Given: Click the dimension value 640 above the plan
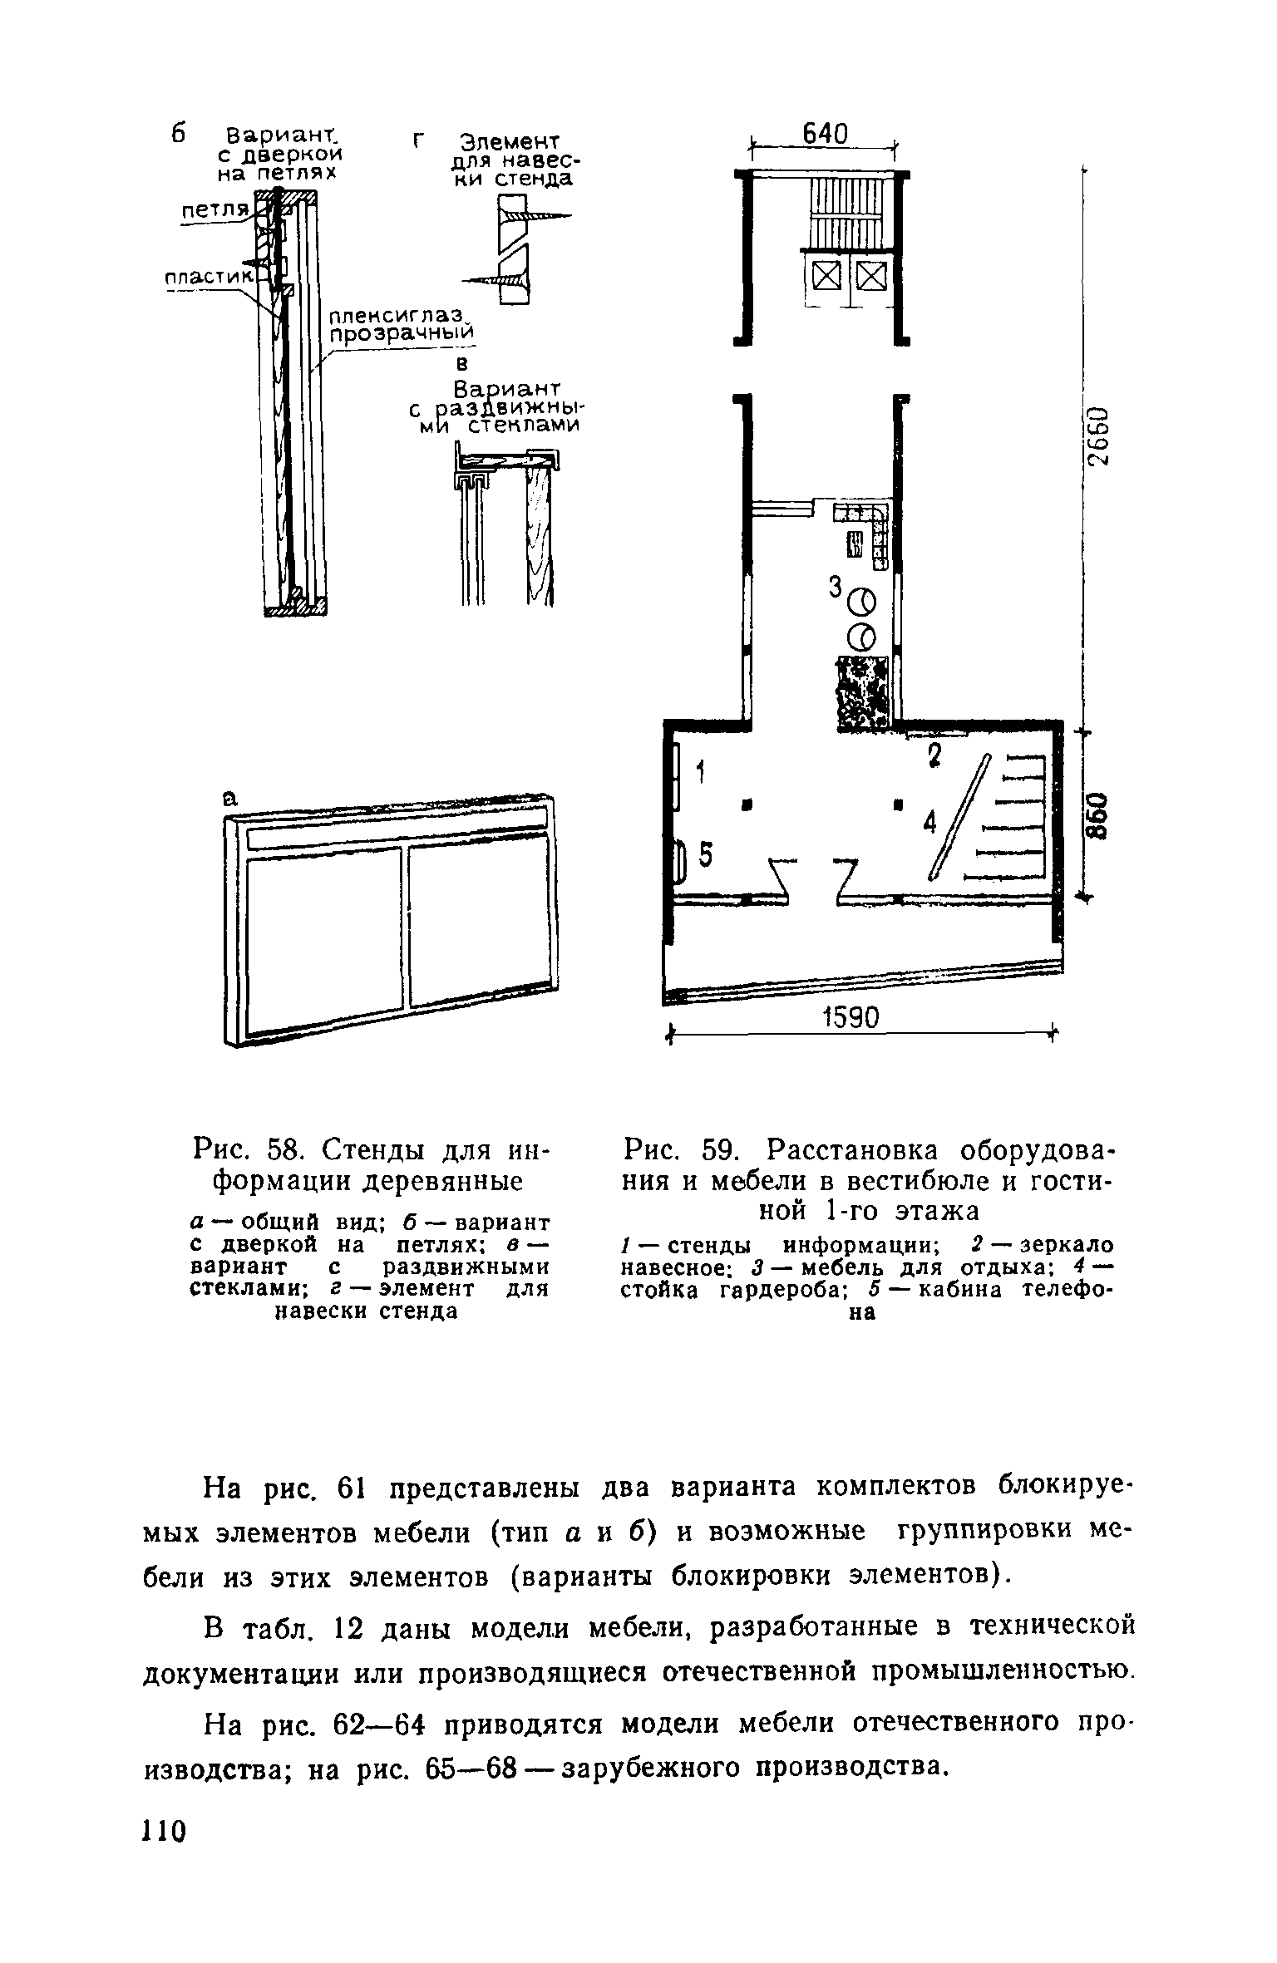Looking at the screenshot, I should [x=824, y=134].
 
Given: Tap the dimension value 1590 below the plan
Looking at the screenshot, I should [x=851, y=1018].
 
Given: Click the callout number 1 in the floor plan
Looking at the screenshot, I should [x=700, y=773].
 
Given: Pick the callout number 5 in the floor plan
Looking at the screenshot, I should [x=705, y=854].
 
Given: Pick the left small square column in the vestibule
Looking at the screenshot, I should [x=747, y=804].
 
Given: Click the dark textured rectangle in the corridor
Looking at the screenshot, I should [x=863, y=692].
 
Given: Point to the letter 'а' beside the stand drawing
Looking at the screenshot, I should [x=229, y=799].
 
